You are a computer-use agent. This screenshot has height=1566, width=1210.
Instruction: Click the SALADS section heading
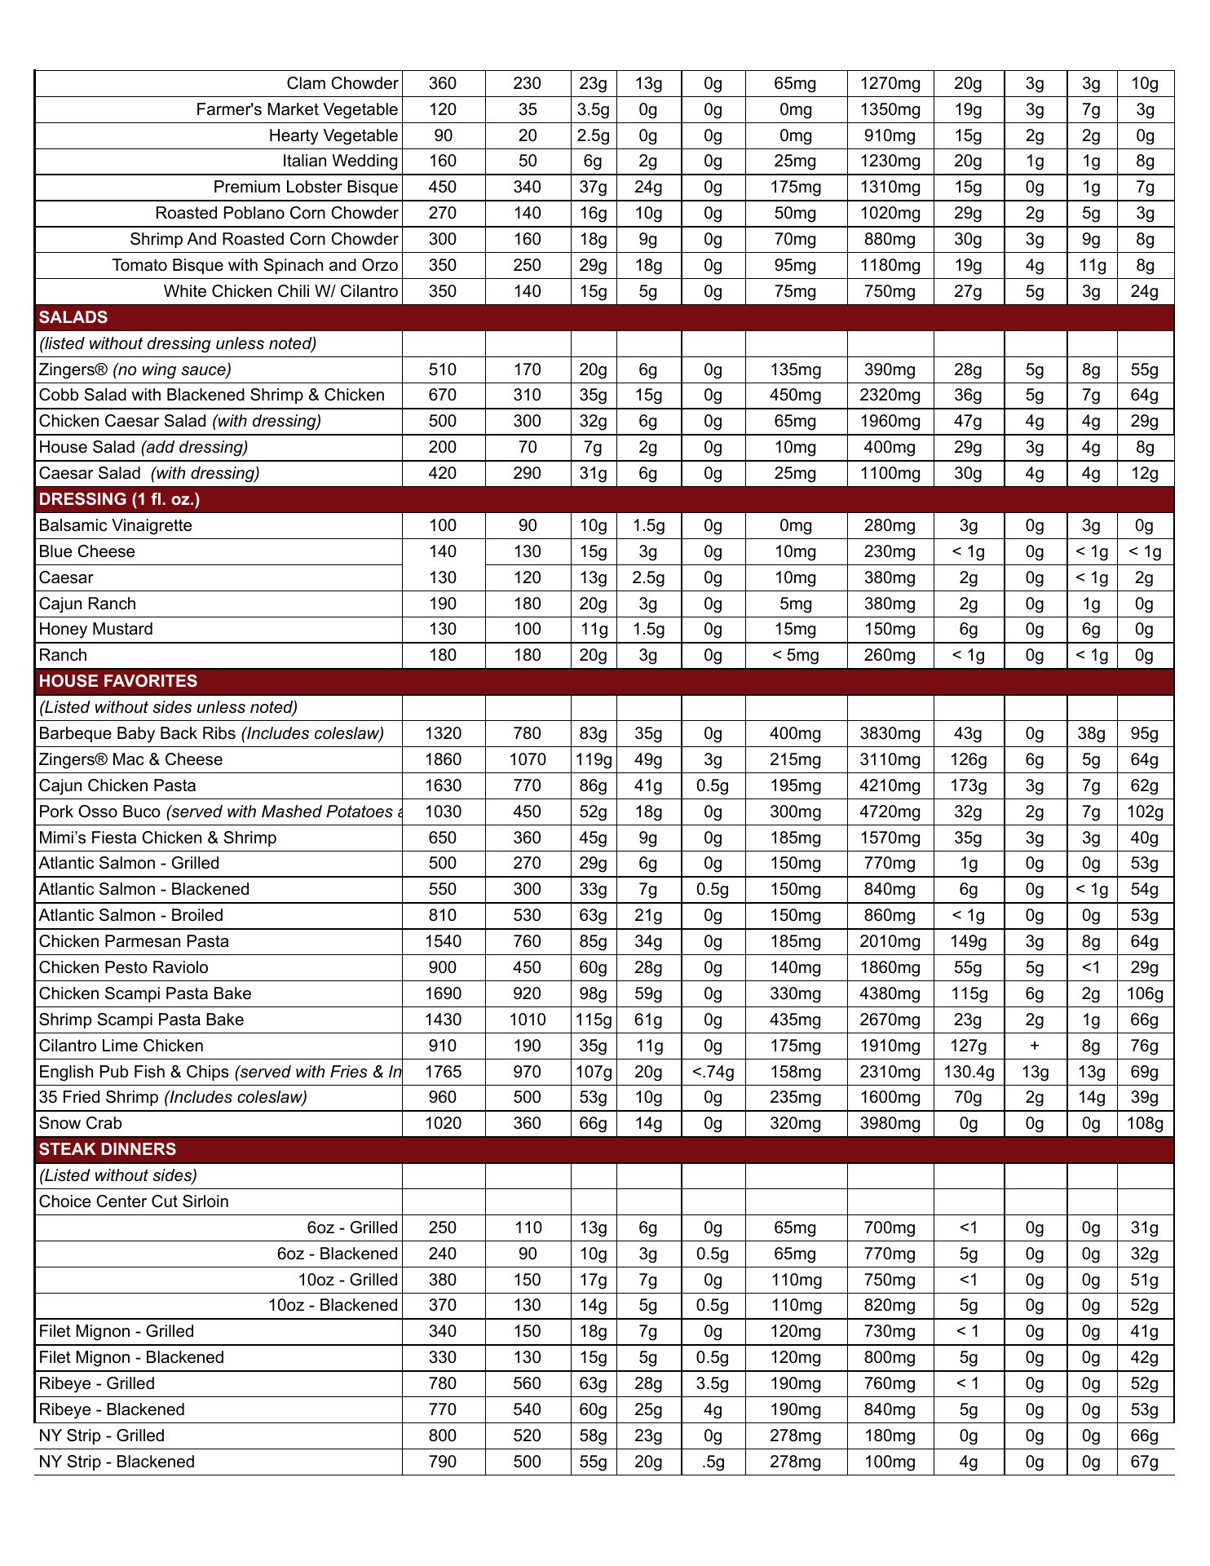coord(73,317)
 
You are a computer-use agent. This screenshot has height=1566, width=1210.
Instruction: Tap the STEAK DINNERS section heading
coord(108,1149)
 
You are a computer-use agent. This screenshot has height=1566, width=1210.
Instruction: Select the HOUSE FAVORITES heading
coord(118,681)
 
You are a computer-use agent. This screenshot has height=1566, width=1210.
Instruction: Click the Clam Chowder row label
coord(342,83)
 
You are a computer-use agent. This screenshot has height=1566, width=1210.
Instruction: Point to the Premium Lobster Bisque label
coord(305,188)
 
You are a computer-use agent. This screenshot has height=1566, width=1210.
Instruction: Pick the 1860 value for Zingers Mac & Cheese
coord(443,759)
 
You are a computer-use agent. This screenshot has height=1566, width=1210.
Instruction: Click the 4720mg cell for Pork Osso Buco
coord(890,812)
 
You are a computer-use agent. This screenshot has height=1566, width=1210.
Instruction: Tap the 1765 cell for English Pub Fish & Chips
coord(443,1072)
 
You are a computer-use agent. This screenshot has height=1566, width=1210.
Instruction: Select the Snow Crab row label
coord(80,1123)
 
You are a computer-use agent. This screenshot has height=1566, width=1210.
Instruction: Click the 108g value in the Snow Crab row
coord(1144,1123)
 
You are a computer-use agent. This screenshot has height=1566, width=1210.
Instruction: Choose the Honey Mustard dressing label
coord(95,629)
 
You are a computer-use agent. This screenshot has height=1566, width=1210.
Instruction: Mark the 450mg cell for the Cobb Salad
coord(795,395)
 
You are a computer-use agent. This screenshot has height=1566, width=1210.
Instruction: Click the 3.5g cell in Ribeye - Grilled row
coord(713,1383)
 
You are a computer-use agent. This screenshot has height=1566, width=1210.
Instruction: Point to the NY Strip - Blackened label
coord(117,1462)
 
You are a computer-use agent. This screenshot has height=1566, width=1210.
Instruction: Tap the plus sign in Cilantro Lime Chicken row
coord(1035,1046)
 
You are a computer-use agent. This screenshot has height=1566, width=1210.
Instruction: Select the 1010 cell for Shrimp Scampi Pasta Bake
coord(527,1020)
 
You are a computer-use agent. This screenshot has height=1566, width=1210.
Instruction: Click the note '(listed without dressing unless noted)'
coord(178,343)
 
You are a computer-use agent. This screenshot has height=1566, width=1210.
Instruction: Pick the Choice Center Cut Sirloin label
coord(134,1201)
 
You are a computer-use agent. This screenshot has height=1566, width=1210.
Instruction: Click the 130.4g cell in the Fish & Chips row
coord(968,1072)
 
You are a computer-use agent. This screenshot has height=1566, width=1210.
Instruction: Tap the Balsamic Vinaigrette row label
coord(116,525)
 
